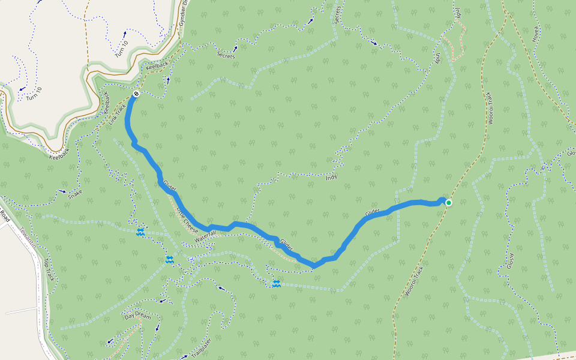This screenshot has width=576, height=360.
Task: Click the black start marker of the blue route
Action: (137, 94)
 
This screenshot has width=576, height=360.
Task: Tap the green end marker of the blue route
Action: (448, 203)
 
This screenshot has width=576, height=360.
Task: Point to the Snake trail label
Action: (75, 194)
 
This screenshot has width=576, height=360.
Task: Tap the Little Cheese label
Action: (187, 218)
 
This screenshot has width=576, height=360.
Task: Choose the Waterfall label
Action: (204, 236)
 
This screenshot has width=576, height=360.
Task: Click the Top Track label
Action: (49, 269)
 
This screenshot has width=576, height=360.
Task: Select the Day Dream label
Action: (137, 316)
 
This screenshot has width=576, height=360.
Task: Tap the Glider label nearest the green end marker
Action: (373, 212)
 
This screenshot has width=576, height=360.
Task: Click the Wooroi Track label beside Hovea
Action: (491, 109)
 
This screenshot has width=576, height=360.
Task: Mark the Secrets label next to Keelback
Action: (226, 53)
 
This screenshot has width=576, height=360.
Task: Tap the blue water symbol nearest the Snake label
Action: (140, 232)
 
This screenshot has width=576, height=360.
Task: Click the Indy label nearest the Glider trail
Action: (331, 178)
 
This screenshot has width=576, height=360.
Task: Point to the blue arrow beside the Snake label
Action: (63, 191)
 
